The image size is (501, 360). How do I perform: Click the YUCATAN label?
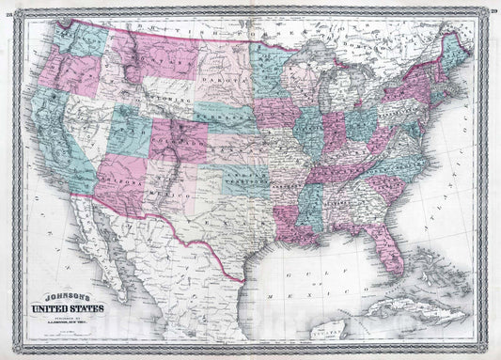[409, 345]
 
